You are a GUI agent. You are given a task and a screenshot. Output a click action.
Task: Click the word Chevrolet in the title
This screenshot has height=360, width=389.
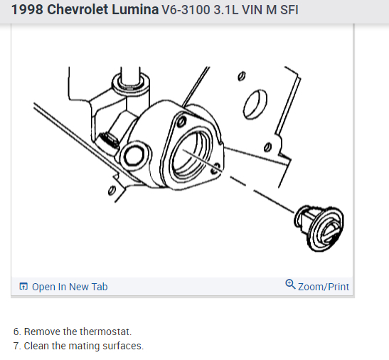point(78,10)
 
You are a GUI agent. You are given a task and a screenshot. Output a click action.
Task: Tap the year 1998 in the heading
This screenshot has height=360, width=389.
point(27,10)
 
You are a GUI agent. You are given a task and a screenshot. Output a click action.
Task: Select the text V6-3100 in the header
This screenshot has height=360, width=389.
point(186,10)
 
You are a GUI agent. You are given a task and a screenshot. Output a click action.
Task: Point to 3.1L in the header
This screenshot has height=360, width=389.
point(226,10)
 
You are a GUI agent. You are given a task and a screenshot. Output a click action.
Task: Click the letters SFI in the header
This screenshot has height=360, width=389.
point(289,10)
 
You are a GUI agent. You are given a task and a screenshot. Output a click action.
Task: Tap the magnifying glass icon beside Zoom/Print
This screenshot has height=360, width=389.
point(290,285)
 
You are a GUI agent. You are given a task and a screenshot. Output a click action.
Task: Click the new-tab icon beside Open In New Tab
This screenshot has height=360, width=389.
point(23,286)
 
